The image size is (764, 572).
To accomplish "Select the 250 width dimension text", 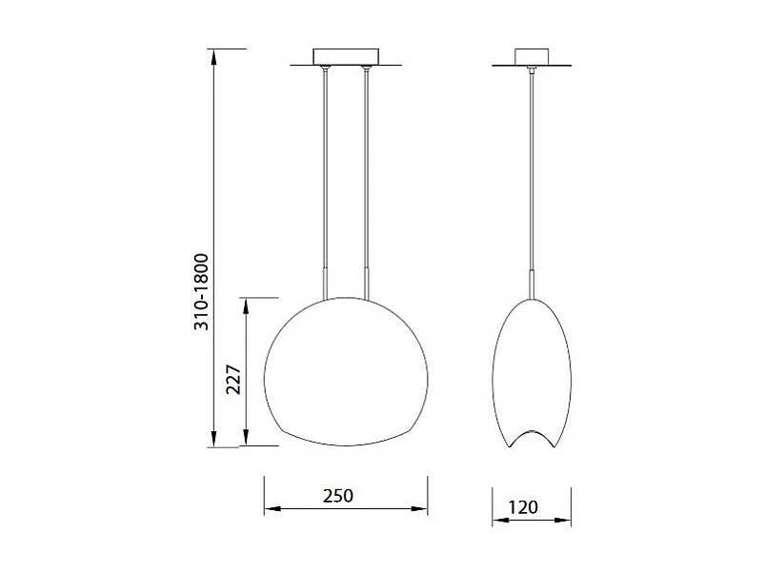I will tap(337, 496).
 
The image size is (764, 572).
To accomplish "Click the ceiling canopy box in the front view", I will tap(345, 55).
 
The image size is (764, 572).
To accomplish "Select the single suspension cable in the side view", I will tap(531, 171).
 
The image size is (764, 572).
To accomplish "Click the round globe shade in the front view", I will tap(345, 371).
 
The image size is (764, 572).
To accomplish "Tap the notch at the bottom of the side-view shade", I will tap(531, 437).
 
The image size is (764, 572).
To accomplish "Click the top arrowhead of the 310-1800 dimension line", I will tap(216, 55).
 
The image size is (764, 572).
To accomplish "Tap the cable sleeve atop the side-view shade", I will tap(531, 284).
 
